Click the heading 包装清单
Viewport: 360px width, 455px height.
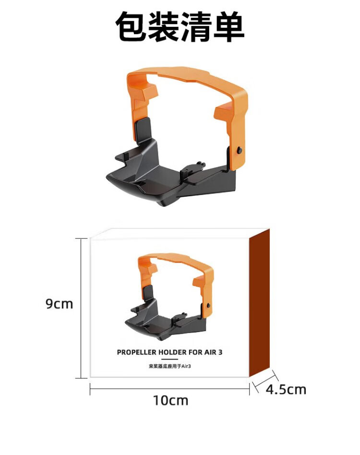coord(180,27)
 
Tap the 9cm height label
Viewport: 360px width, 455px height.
coord(59,304)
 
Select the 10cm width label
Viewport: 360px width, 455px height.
coord(170,400)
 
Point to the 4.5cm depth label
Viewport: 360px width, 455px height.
coord(286,389)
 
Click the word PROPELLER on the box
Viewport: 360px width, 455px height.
coord(136,352)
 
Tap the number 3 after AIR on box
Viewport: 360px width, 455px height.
coord(220,352)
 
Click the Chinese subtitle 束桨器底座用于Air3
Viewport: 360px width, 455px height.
coord(170,366)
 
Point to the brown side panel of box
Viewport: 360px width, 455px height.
coord(259,303)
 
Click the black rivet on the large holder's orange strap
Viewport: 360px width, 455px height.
coord(240,150)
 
